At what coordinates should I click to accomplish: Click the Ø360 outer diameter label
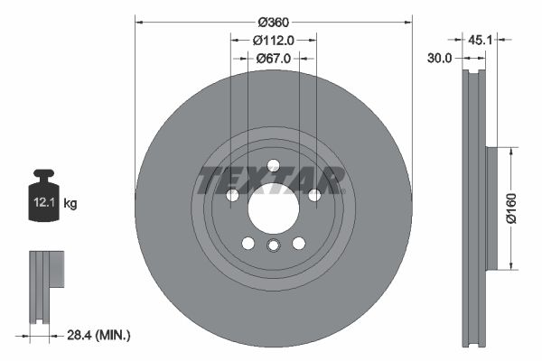273,22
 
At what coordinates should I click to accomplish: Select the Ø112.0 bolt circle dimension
273,40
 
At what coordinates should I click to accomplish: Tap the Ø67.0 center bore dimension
273,58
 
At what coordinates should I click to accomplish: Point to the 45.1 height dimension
479,40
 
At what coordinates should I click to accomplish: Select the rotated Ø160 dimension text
509,208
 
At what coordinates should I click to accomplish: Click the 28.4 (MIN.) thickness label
99,336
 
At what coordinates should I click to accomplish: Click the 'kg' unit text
70,204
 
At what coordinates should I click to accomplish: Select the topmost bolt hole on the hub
273,165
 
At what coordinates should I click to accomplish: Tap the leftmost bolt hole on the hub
231,195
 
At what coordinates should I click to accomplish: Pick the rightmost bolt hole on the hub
314,195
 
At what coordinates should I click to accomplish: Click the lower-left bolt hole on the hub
248,243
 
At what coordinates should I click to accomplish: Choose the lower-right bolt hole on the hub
298,243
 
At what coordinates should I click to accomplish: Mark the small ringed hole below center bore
273,247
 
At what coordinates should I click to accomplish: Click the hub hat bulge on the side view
492,208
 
